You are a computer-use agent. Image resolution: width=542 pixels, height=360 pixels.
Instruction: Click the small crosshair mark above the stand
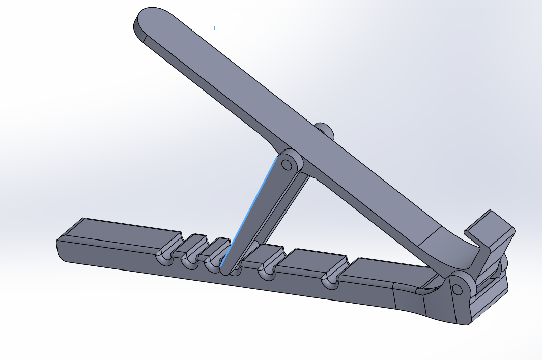214,28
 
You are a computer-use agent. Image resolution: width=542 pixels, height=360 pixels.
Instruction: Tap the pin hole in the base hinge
457,289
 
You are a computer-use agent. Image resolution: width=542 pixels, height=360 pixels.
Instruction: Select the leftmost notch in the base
166,254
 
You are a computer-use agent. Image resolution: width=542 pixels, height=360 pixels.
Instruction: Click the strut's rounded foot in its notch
227,268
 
